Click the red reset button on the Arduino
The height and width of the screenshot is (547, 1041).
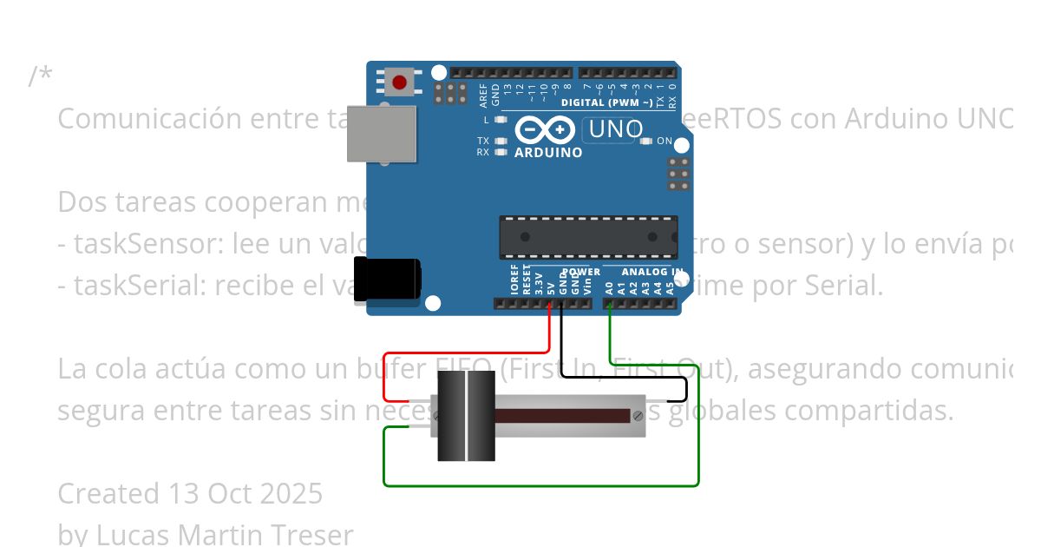coord(399,82)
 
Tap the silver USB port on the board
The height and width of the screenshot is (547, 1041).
coord(382,134)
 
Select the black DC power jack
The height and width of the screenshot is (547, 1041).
coord(387,279)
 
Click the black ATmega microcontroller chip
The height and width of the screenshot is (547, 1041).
coord(588,237)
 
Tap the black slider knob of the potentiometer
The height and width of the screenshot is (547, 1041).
coord(466,416)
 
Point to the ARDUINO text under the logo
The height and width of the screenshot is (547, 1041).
coord(548,153)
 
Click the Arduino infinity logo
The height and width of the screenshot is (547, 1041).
coord(545,130)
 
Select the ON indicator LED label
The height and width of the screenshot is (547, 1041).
coord(665,141)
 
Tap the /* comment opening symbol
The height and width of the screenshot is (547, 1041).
coord(40,76)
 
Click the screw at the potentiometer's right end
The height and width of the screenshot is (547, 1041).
coord(638,416)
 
